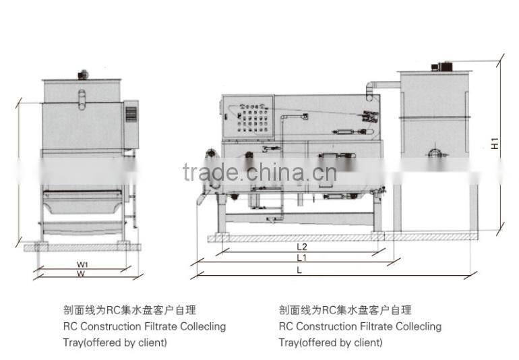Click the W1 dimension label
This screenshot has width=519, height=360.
[x=82, y=264]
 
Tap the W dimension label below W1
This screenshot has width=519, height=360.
[x=82, y=274]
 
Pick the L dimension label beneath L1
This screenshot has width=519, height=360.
[x=299, y=269]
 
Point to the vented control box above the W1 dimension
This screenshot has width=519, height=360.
[x=131, y=124]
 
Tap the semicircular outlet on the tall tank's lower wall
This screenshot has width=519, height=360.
[x=435, y=152]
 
